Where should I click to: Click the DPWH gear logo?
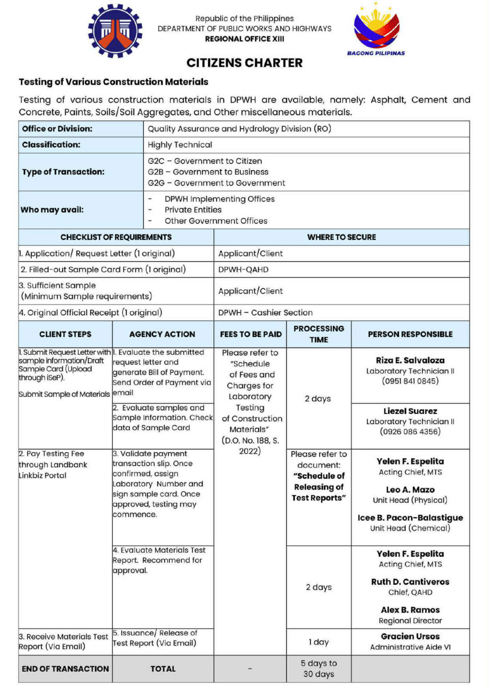pyautogui.click(x=115, y=30)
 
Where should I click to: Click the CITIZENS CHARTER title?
pyautogui.click(x=244, y=63)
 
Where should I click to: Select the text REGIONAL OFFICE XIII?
pyautogui.click(x=244, y=39)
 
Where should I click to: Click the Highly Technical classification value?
pyautogui.click(x=180, y=145)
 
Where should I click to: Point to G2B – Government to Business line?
pyautogui.click(x=208, y=172)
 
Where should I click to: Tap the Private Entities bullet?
pyautogui.click(x=193, y=210)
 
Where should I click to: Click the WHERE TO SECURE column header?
pyautogui.click(x=341, y=237)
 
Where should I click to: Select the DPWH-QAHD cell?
pyautogui.click(x=243, y=270)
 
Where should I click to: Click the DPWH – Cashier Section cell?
pyautogui.click(x=265, y=312)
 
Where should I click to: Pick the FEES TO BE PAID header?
pyautogui.click(x=250, y=334)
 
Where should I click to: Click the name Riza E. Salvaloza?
pyautogui.click(x=410, y=360)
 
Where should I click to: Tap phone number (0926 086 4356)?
pyautogui.click(x=410, y=432)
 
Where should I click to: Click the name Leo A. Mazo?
pyautogui.click(x=410, y=489)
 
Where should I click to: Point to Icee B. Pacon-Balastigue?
pyautogui.click(x=410, y=518)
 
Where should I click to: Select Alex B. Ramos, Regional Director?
pyautogui.click(x=410, y=615)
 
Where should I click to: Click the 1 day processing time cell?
pyautogui.click(x=319, y=642)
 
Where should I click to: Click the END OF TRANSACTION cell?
pyautogui.click(x=65, y=669)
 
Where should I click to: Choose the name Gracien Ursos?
pyautogui.click(x=410, y=636)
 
